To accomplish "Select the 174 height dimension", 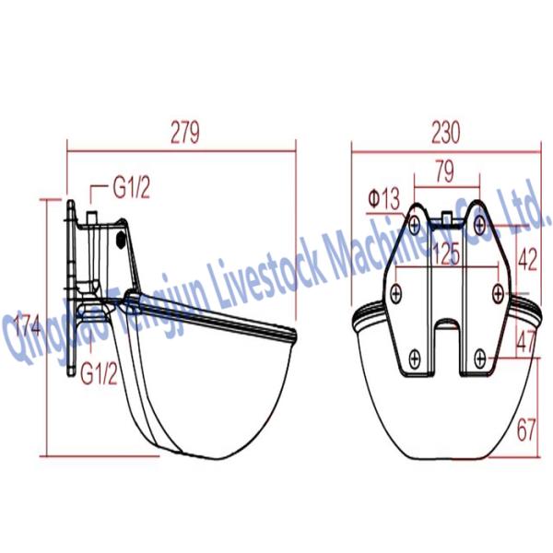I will click(28, 325).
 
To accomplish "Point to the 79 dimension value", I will click(445, 171).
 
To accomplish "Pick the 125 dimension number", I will click(446, 254).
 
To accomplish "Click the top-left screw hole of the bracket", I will click(416, 222).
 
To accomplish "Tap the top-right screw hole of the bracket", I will click(479, 222).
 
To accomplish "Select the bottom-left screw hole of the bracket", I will click(416, 356).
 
